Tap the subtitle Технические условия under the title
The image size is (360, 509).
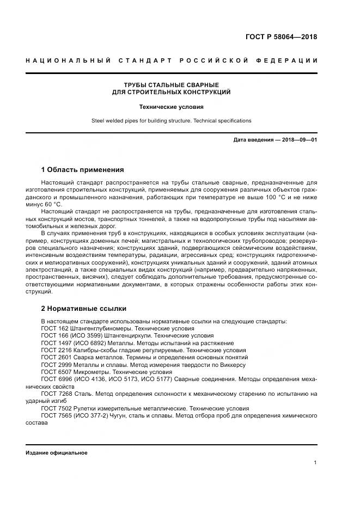click(x=171, y=107)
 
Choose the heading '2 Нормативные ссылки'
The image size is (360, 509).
click(x=83, y=308)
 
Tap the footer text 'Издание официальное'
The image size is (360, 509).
click(x=56, y=452)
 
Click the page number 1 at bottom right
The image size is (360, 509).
click(x=315, y=462)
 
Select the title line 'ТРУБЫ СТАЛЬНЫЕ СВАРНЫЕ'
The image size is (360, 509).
click(x=171, y=85)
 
